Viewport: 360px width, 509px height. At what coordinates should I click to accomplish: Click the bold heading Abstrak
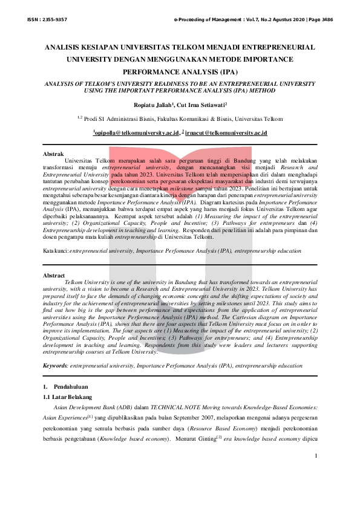54,154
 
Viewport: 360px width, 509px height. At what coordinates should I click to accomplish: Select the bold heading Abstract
55,275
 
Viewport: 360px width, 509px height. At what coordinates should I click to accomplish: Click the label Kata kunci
55,250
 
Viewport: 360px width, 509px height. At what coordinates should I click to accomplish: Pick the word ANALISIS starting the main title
68,47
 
